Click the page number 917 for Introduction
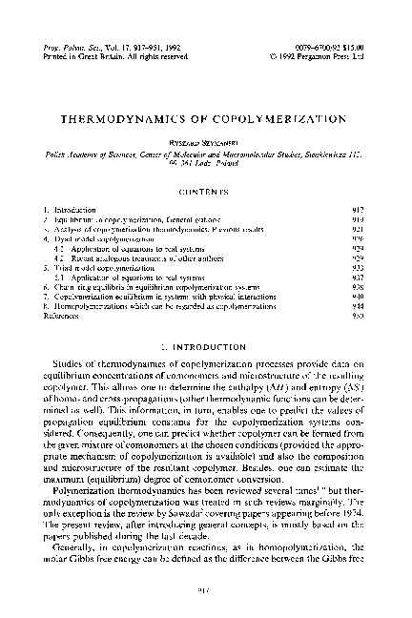tap(356, 209)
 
